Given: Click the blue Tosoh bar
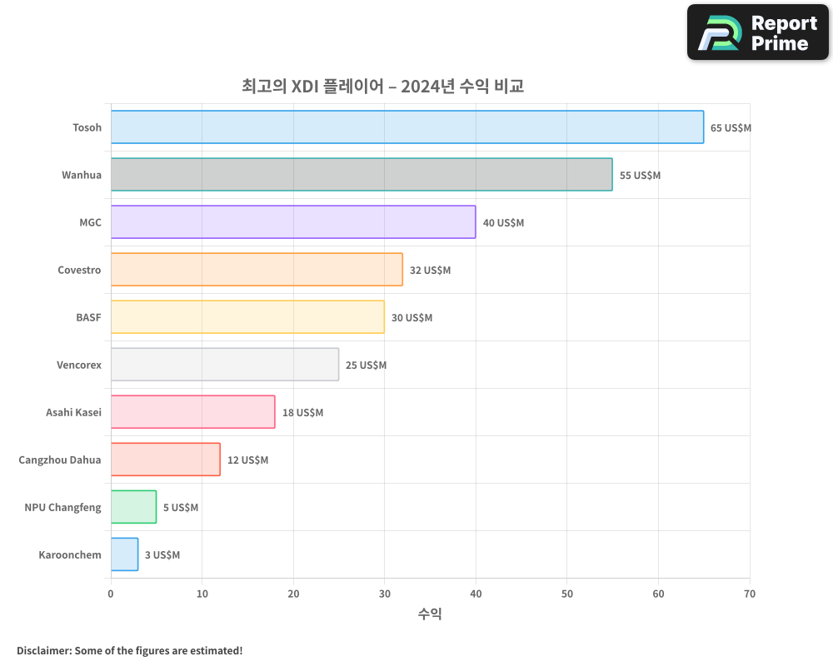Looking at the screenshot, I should [407, 127].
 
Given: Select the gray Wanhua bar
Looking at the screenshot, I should [361, 175].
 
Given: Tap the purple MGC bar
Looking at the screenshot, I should [292, 222].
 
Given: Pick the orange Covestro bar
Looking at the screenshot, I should [256, 270].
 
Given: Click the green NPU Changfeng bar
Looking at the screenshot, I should [133, 507].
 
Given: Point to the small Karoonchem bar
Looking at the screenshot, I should [124, 554].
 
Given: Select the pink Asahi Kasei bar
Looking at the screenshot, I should [192, 412].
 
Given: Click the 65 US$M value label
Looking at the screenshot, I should [731, 128].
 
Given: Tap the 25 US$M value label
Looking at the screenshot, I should [366, 365].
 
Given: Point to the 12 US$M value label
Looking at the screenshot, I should [247, 460].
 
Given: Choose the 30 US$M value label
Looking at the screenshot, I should [412, 318].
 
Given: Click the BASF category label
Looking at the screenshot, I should [88, 317].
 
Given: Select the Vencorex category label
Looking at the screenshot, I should [79, 365].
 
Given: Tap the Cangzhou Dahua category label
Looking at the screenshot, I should [60, 460].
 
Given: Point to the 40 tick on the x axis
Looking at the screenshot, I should [476, 594].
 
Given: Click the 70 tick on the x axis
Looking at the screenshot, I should [750, 594].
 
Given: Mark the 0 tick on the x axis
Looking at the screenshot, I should [111, 594].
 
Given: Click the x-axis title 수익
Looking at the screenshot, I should [430, 614].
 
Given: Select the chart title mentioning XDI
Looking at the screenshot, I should [382, 86].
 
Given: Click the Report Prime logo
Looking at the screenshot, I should [757, 32].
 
